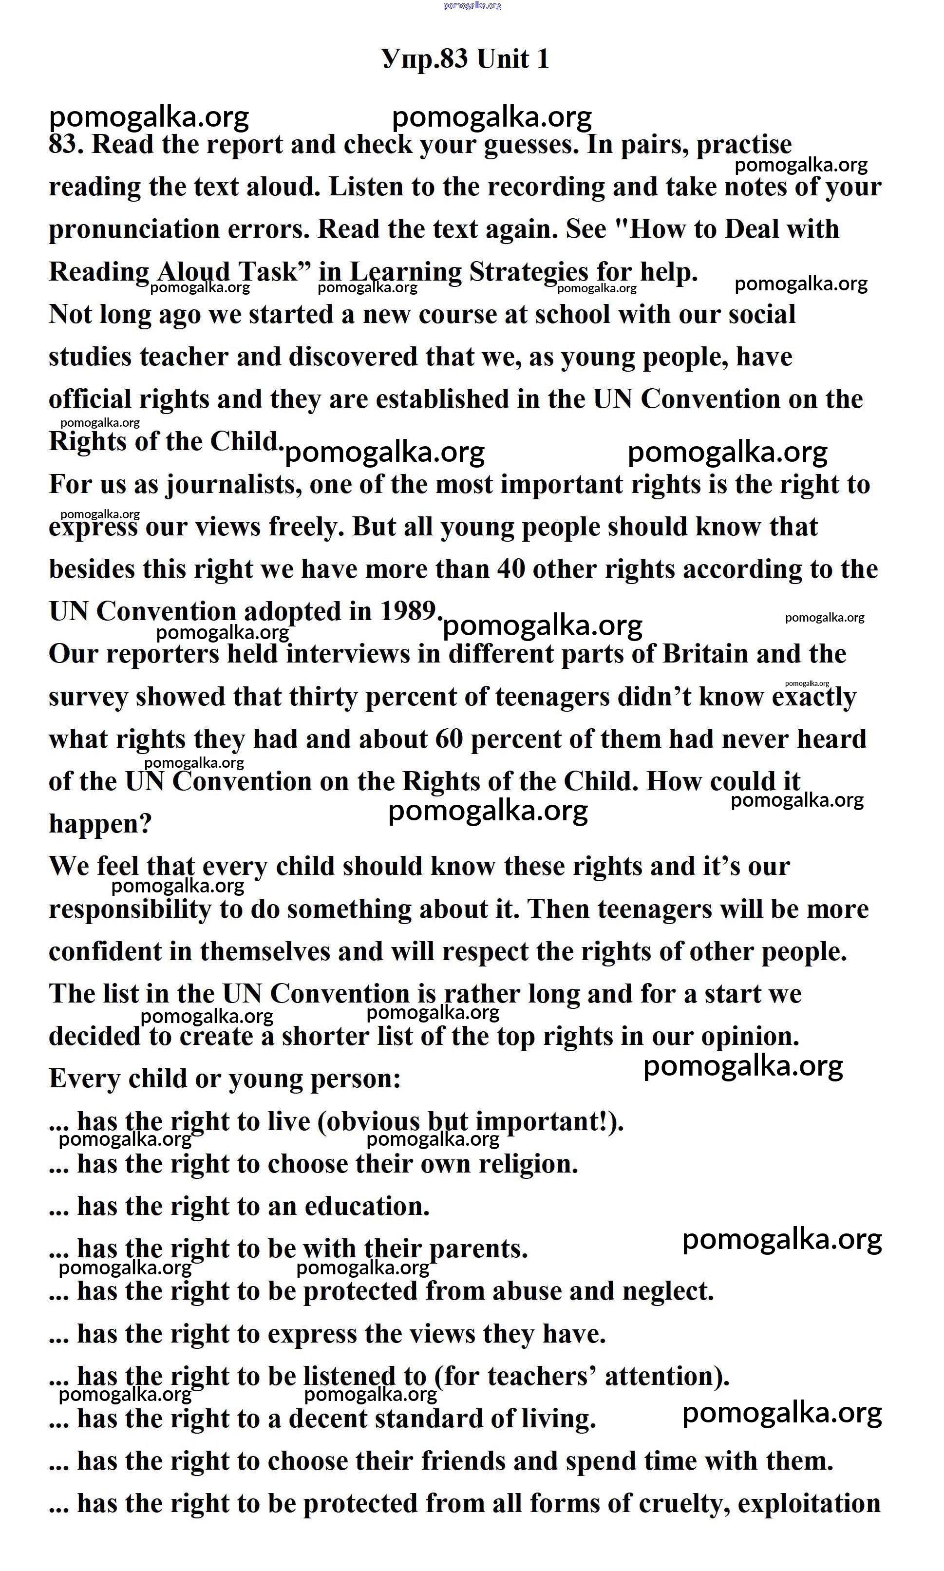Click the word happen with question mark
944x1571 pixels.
[100, 825]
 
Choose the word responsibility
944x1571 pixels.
[130, 910]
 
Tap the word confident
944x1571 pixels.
[104, 952]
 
